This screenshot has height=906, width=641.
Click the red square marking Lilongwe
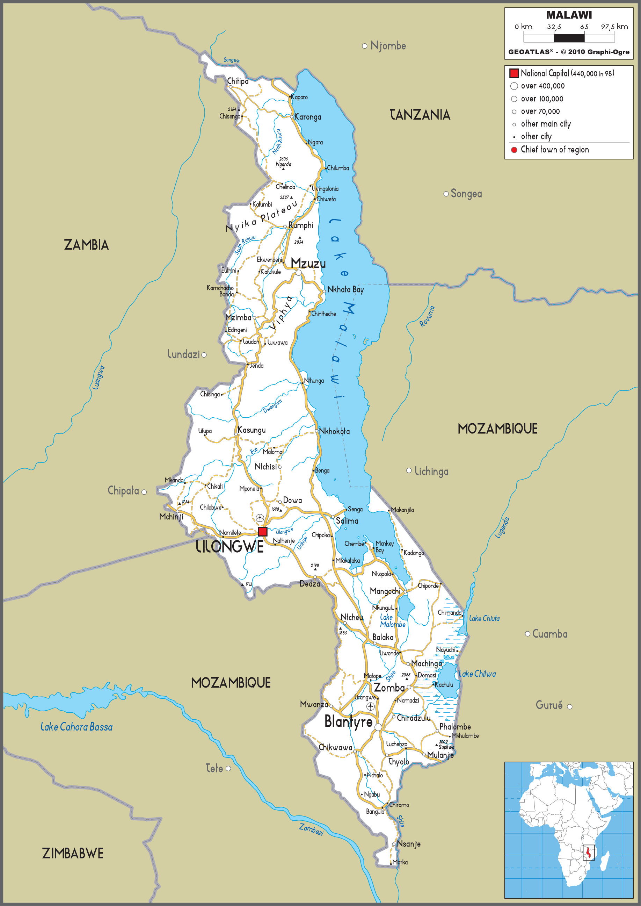[262, 532]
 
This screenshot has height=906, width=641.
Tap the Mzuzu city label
[308, 264]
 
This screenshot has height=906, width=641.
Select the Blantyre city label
[348, 722]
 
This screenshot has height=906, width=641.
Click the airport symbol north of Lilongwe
[260, 518]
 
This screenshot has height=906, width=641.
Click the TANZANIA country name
[420, 115]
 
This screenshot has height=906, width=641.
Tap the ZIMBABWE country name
[73, 854]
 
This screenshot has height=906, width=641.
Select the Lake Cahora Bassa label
[77, 727]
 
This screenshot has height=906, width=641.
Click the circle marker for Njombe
[365, 46]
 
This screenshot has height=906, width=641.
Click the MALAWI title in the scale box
[569, 15]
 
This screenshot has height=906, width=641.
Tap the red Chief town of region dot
[514, 150]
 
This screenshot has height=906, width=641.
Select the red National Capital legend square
[513, 73]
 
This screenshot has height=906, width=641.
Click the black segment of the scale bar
[569, 38]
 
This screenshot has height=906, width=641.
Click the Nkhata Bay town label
[345, 289]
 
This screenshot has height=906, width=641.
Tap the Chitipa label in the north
[238, 81]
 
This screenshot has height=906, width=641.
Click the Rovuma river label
[427, 316]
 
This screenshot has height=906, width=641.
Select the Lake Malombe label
[392, 621]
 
